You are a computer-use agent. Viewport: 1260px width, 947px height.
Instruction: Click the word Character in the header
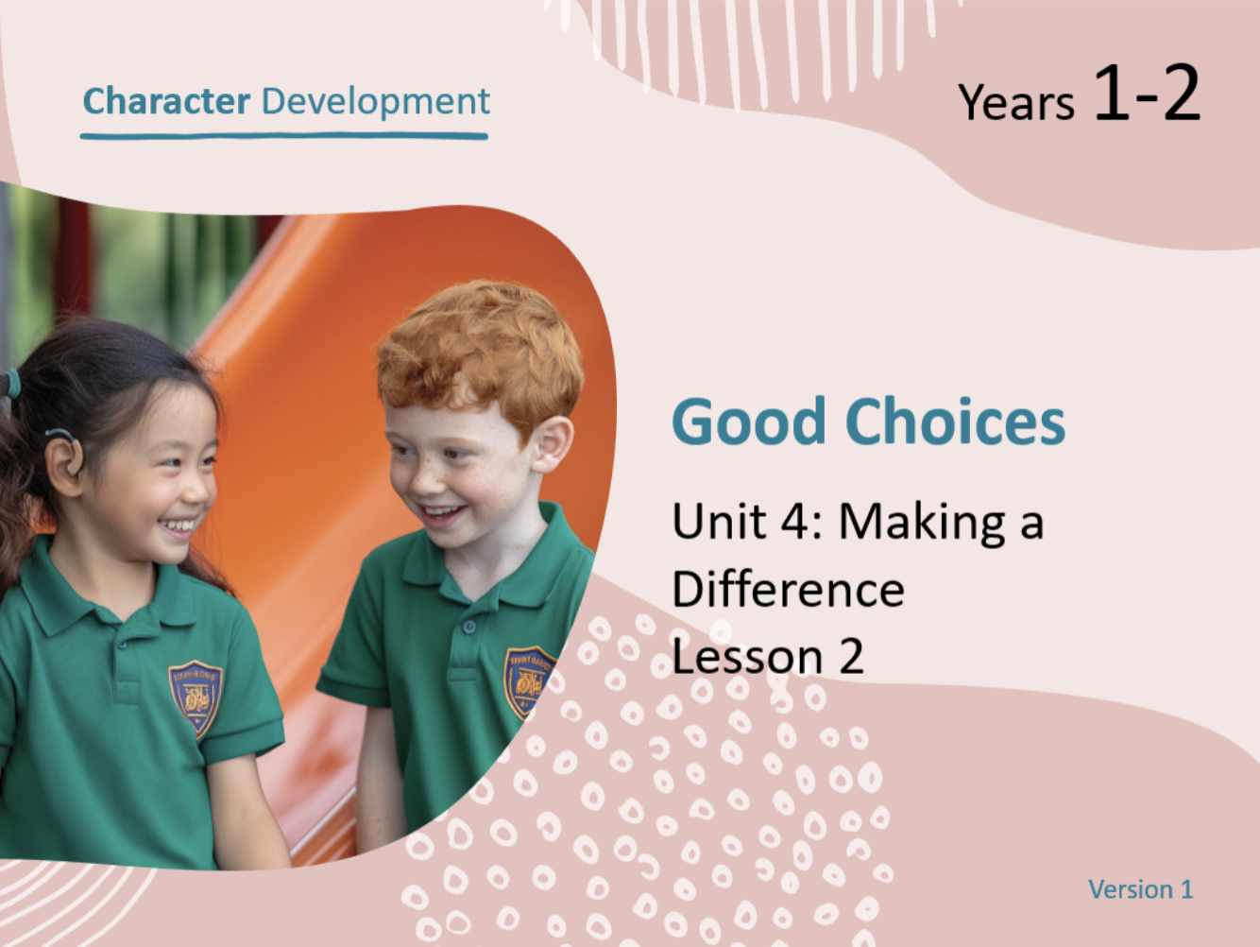click(166, 101)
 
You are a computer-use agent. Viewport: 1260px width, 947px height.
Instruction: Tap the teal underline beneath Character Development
click(284, 136)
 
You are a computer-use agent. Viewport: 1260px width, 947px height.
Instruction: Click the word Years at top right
click(1016, 102)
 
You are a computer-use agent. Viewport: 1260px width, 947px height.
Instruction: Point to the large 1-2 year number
click(1147, 93)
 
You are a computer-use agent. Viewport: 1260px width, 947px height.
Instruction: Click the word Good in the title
click(748, 422)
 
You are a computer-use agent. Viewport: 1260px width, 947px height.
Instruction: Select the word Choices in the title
click(955, 421)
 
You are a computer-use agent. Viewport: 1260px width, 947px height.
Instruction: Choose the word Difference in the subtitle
click(788, 589)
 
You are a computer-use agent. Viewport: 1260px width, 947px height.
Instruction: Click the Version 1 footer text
click(1141, 889)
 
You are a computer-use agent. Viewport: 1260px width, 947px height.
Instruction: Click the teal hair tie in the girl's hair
click(11, 384)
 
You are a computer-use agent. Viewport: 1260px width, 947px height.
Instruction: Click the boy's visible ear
click(552, 443)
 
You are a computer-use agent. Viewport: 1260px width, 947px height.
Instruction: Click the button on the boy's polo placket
click(469, 627)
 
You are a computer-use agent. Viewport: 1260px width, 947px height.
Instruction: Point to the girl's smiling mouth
click(178, 525)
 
